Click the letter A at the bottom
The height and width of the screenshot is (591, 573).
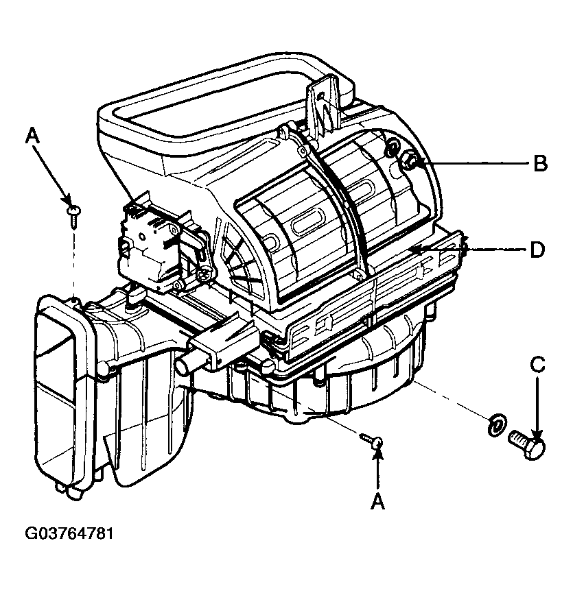point(377,501)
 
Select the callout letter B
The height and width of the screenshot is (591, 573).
point(541,164)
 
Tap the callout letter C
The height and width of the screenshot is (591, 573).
point(537,365)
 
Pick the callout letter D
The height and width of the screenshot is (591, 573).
point(537,250)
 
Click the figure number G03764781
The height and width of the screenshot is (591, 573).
point(69,533)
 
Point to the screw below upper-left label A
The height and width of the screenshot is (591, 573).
point(73,215)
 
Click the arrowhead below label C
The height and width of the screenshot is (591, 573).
point(537,433)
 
